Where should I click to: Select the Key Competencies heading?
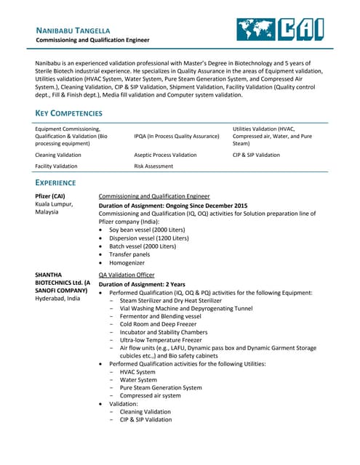[69, 113]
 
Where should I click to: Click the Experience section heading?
[55, 182]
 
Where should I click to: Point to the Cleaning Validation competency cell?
[59, 155]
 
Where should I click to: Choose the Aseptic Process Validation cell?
[165, 155]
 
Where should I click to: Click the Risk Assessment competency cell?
[154, 166]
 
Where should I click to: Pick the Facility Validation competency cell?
[57, 166]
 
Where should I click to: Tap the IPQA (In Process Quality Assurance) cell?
[177, 136]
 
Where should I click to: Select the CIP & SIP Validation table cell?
[256, 155]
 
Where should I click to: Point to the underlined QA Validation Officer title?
[127, 275]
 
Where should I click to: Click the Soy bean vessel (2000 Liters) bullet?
[147, 230]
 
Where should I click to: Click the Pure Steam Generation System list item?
[161, 387]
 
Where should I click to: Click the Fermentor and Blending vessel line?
[161, 316]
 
